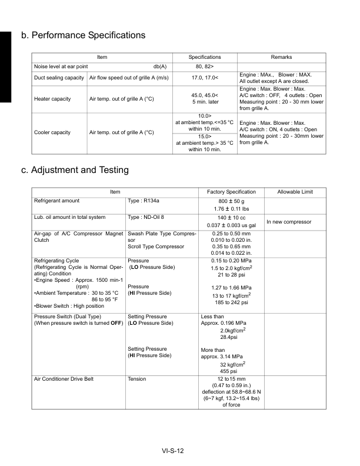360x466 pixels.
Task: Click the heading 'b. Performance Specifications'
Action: [x=83, y=35]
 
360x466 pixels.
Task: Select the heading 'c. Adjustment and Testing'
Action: [x=75, y=170]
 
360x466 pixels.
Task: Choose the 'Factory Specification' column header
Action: [x=232, y=192]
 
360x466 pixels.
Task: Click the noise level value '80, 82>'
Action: [x=204, y=66]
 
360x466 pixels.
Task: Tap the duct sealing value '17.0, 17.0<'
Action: [x=204, y=77]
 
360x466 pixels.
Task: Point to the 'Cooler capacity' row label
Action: [x=52, y=132]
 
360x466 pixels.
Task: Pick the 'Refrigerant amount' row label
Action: [x=57, y=201]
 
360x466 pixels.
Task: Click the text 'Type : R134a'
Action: [x=143, y=201]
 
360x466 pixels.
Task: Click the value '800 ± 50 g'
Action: [x=232, y=201]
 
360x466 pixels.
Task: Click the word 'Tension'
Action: [x=137, y=378]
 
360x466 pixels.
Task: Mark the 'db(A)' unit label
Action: [x=160, y=66]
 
